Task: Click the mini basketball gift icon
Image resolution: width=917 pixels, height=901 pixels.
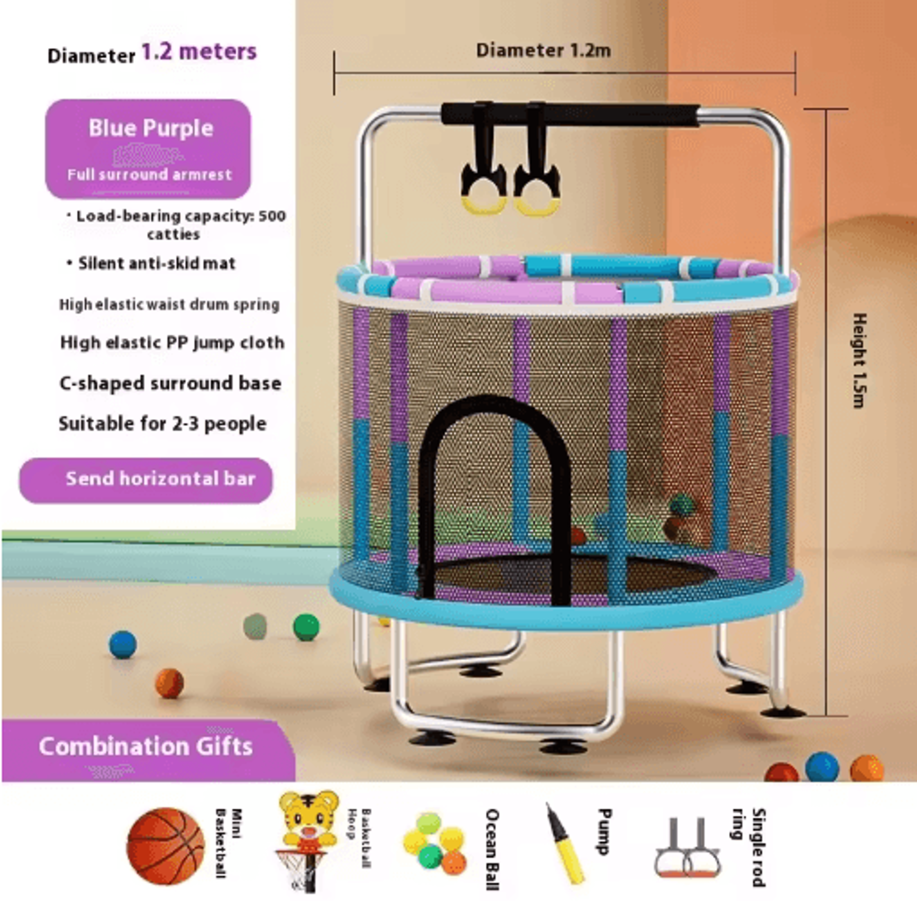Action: (x=165, y=846)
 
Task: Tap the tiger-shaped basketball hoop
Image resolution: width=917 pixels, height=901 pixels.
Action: (x=308, y=840)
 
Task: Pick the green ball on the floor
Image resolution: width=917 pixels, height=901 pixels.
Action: (x=306, y=627)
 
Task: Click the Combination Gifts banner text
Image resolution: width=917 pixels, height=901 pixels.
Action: (x=146, y=746)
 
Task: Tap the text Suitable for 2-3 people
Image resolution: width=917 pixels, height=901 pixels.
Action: (x=162, y=424)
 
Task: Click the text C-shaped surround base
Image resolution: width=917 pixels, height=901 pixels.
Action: (x=170, y=383)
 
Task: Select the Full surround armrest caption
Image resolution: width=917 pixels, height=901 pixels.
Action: (x=149, y=175)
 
